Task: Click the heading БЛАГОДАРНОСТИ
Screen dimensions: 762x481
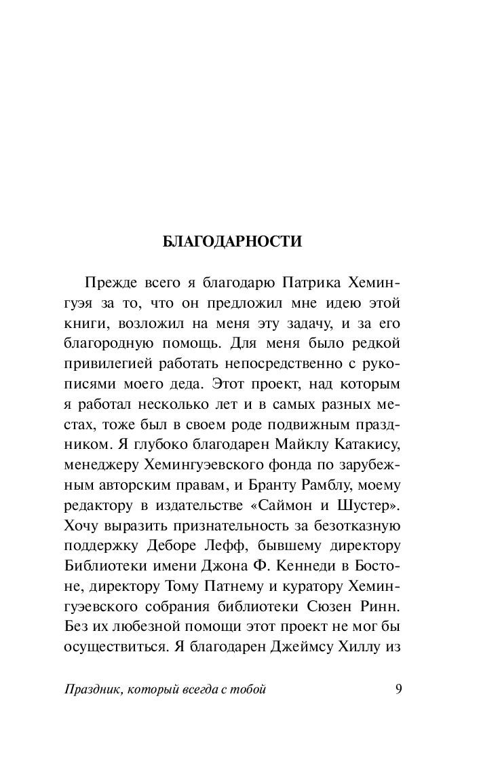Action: [232, 242]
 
